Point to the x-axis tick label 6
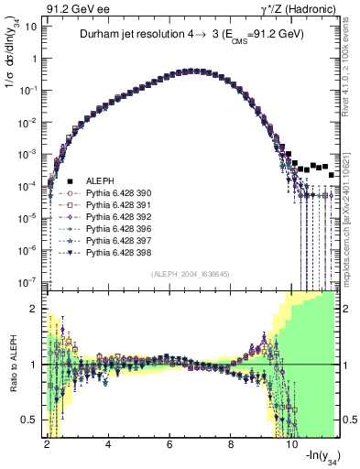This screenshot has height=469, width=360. pos(169,444)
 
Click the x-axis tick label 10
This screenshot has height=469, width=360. pos(292,444)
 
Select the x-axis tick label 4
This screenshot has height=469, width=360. pos(108,444)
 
